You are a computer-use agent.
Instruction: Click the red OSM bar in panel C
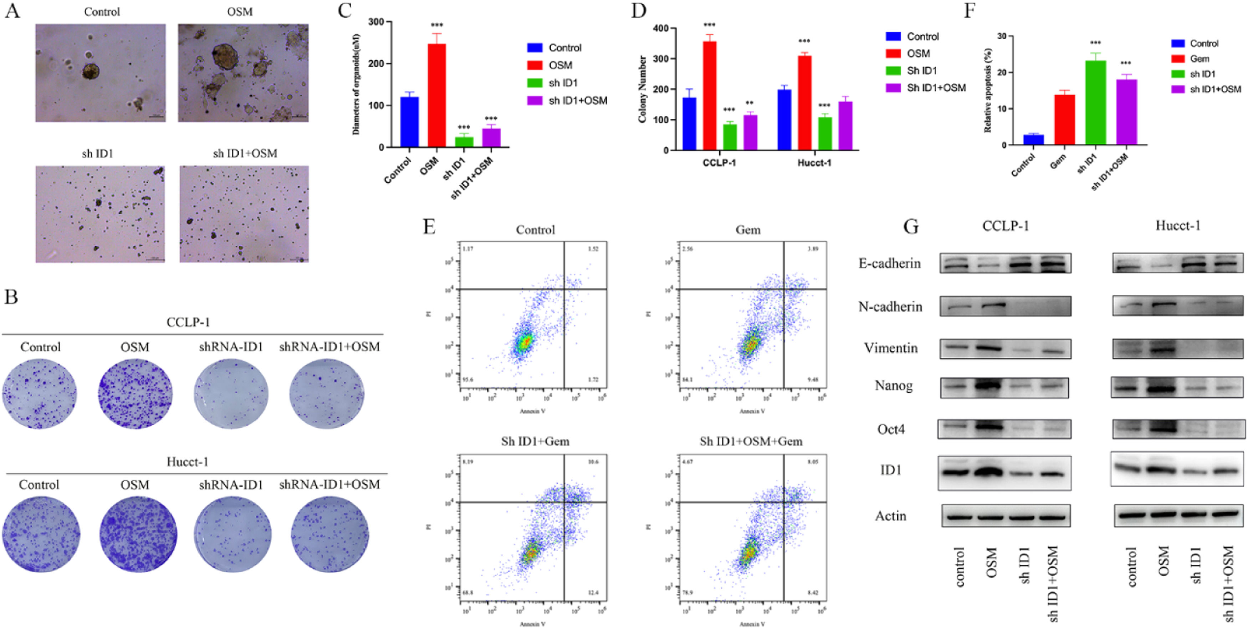coord(436,95)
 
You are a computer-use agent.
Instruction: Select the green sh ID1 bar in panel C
coord(464,142)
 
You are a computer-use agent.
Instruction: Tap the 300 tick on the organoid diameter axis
coord(376,22)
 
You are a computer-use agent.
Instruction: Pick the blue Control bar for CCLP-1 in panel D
coord(689,124)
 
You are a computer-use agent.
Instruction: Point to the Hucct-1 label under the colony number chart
coord(814,162)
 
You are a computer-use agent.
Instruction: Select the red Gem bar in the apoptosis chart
coord(1064,119)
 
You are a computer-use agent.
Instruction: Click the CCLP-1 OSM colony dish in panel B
coord(135,393)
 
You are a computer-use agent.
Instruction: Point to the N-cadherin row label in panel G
coord(890,307)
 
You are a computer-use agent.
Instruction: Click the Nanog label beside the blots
coord(893,386)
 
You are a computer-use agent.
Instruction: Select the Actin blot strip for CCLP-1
coord(1006,516)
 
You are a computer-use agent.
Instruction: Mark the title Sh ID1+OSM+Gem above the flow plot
coord(751,441)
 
